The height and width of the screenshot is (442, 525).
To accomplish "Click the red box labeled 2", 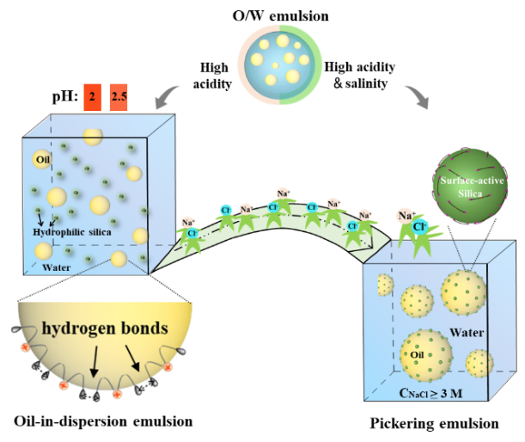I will coord(92,98).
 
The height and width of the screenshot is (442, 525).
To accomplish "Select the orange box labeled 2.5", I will coord(119,98).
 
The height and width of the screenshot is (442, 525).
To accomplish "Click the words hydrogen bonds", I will coord(105,328).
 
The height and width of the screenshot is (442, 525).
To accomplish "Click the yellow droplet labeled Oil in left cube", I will coord(43,159).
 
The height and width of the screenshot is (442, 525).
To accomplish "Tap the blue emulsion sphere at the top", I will coord(280,64).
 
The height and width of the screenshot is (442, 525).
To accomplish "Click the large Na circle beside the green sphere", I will coord(404,217).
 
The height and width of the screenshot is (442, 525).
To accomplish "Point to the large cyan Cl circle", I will coord(421,228).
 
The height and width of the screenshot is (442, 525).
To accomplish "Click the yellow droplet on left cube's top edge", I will coord(93,136).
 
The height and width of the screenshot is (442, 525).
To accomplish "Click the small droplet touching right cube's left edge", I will coord(383,285).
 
